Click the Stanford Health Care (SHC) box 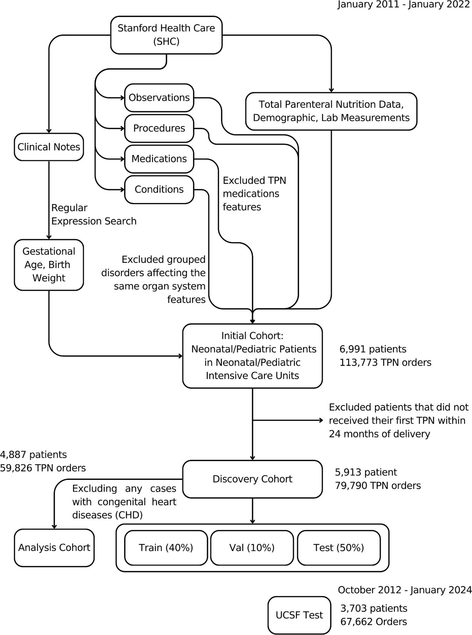coord(166,35)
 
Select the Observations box coord(159,98)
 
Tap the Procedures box coord(159,128)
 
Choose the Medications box coord(159,159)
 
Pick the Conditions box coord(159,189)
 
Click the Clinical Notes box coord(49,147)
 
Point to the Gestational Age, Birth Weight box coord(49,265)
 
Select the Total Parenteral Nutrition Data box coord(331,111)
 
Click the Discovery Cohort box coord(252,479)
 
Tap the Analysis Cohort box coord(54,548)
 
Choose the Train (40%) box coord(166,548)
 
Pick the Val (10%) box coord(252,548)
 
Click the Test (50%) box coord(339,548)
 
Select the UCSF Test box coord(299,615)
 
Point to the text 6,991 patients coord(373,349)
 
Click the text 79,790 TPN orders coord(378,486)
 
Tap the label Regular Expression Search coord(93,215)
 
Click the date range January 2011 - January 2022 coord(404,5)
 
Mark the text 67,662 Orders coord(374,622)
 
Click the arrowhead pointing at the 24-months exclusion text coord(321,420)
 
